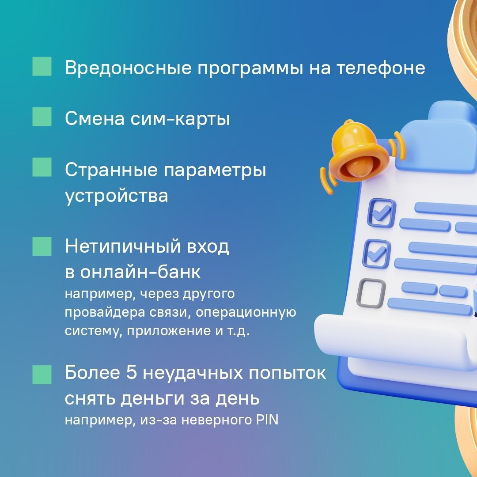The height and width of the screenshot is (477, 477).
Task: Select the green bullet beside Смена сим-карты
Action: point(42,117)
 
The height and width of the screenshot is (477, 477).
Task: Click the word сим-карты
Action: point(180,119)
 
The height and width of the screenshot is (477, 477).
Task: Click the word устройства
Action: point(116,196)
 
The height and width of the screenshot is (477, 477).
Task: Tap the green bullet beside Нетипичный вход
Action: point(42,246)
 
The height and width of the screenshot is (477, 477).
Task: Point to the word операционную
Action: point(246,313)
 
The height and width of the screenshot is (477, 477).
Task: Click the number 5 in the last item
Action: point(132,372)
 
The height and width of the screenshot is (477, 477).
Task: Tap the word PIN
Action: point(267,420)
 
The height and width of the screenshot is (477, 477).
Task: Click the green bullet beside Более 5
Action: point(42,375)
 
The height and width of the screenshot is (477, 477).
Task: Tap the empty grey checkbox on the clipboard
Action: point(371,293)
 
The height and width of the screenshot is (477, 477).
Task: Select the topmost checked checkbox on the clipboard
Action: point(382,212)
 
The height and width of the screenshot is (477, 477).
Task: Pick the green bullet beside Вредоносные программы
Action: point(42,66)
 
